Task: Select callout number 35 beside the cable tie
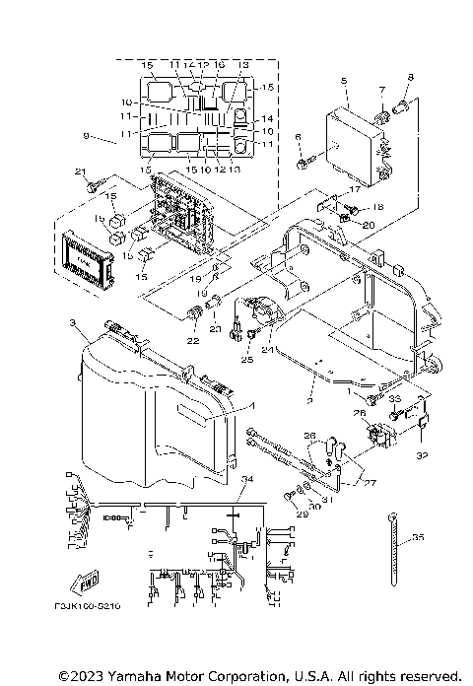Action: tap(418, 537)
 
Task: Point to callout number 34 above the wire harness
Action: tap(246, 479)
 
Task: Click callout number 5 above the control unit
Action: tap(343, 81)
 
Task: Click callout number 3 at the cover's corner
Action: tap(73, 323)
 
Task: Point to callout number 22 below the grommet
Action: tap(192, 341)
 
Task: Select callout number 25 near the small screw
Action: tap(248, 360)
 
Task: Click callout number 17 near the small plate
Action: tap(353, 189)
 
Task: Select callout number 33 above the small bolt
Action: tap(393, 398)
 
